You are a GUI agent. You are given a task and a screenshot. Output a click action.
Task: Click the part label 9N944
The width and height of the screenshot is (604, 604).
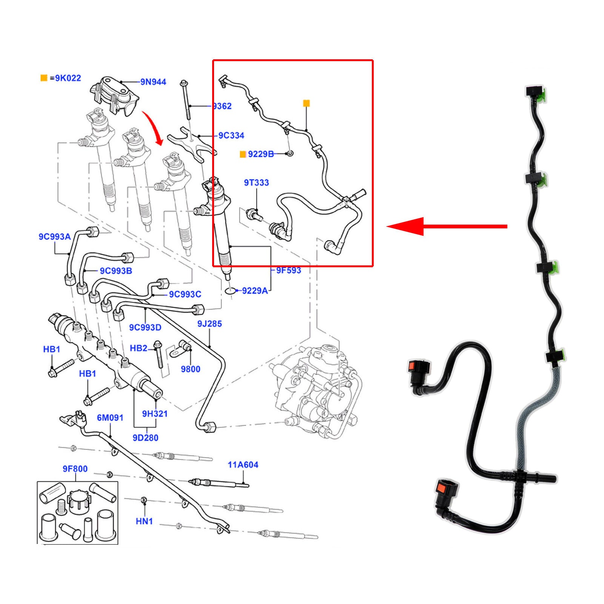[153, 82]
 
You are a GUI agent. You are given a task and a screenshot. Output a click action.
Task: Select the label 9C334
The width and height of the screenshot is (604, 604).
[231, 136]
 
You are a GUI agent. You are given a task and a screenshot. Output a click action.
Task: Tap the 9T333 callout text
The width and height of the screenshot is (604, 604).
[256, 183]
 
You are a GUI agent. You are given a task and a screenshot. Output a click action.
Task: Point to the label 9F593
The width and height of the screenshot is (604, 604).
[289, 270]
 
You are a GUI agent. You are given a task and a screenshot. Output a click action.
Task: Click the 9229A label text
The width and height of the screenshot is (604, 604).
[255, 291]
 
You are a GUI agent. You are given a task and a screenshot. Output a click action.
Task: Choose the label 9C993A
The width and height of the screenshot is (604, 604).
[55, 237]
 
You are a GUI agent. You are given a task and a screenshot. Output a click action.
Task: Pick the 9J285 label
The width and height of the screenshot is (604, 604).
[210, 324]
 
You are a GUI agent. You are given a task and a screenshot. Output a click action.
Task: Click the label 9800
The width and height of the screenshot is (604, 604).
[191, 369]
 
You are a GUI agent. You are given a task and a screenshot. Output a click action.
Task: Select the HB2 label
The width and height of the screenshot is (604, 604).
[139, 348]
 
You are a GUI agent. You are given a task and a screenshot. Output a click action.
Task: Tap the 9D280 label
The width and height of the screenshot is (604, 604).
[145, 438]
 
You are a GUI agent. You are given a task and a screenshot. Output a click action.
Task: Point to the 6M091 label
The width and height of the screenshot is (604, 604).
[110, 418]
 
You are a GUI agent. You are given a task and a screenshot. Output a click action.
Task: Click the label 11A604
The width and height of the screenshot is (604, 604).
[243, 465]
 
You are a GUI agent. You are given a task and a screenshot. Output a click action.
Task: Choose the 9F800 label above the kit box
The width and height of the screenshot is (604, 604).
[75, 469]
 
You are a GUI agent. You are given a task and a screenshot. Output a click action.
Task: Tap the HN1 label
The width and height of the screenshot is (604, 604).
[144, 521]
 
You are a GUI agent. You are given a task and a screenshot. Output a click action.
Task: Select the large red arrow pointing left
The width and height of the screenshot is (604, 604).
[447, 226]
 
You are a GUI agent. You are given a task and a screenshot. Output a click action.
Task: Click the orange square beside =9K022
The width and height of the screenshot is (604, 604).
[44, 78]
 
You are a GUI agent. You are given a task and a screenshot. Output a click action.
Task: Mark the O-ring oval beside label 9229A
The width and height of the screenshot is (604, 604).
[230, 291]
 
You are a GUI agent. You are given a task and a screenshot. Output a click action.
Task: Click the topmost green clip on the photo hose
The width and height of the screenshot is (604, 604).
[542, 95]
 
